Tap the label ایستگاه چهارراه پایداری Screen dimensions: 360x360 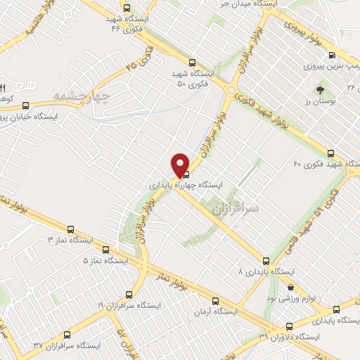pos(186,185)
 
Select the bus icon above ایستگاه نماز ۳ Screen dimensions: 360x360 pos(70,229)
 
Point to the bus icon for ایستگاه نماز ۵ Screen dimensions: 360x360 pos(105,250)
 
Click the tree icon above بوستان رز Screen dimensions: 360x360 pos(321,90)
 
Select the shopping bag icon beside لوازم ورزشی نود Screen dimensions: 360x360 pos(291,287)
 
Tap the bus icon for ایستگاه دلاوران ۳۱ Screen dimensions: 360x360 pos(290,326)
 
